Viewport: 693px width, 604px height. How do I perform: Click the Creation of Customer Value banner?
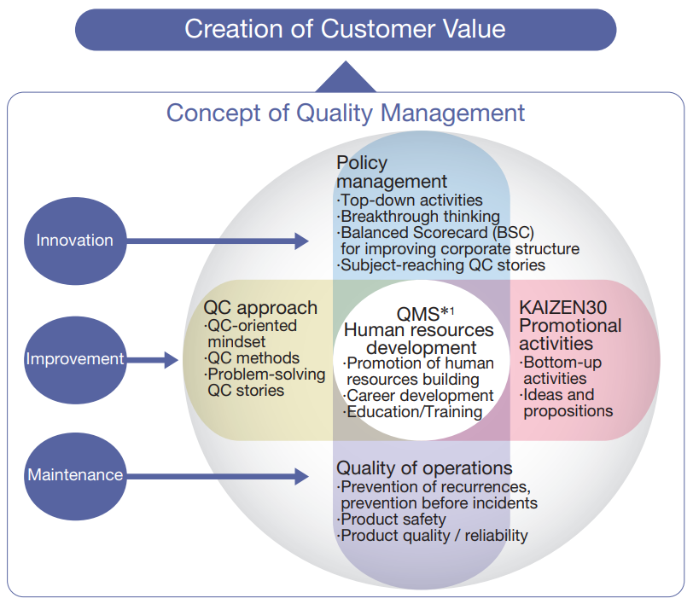pos(345,29)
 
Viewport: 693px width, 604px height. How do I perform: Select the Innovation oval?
pos(74,241)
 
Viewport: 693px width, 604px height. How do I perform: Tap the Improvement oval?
pos(74,359)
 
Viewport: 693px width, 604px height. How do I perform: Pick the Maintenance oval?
pos(74,474)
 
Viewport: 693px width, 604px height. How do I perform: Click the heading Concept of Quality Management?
pos(346,113)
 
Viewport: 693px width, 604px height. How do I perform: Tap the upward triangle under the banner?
pos(345,77)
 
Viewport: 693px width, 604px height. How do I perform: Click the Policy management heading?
pos(392,171)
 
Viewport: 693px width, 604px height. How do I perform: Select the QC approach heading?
pos(260,308)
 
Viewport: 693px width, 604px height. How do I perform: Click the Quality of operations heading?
pos(424,468)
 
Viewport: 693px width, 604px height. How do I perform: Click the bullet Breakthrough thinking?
pos(419,217)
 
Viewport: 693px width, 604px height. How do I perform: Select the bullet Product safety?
pos(393,519)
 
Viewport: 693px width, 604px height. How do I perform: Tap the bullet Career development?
pos(419,396)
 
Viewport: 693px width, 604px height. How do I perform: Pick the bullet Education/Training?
pos(414,412)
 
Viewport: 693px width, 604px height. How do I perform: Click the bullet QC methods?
pos(252,357)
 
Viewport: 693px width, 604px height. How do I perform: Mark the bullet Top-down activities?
pos(411,200)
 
